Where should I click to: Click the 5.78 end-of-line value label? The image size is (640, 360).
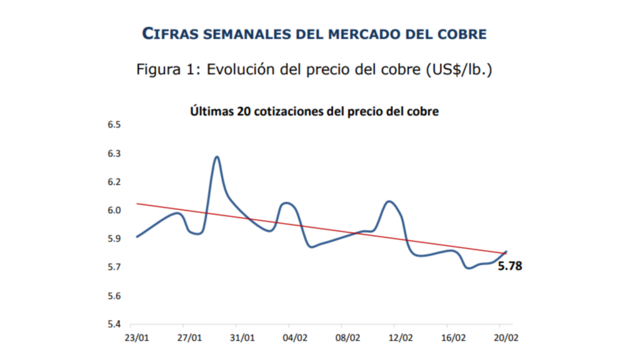pyautogui.click(x=509, y=266)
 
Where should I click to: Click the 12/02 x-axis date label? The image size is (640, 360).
pyautogui.click(x=401, y=338)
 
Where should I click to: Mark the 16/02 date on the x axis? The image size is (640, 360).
pyautogui.click(x=453, y=338)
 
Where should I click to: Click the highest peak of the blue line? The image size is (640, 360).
pyautogui.click(x=217, y=157)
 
